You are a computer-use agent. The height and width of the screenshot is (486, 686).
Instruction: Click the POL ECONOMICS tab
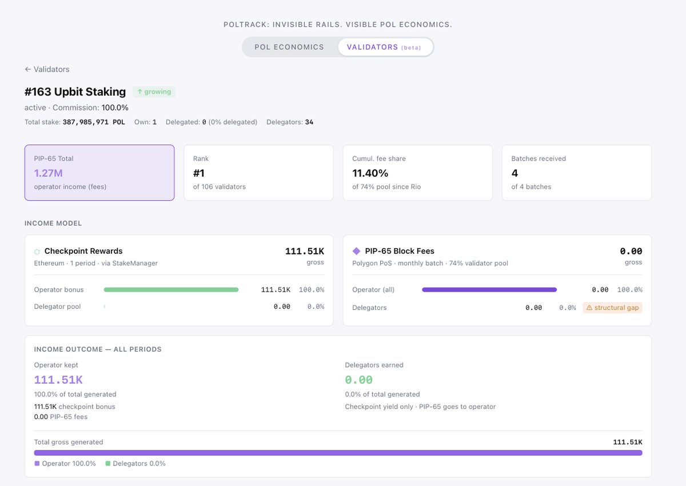(x=289, y=47)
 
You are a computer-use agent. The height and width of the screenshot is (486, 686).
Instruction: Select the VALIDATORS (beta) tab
(x=384, y=47)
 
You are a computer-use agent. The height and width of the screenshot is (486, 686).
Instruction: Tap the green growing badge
(x=154, y=91)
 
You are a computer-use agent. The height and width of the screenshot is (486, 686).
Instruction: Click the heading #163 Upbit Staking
(x=75, y=91)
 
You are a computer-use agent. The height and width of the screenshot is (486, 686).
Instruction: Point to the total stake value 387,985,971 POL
(x=94, y=122)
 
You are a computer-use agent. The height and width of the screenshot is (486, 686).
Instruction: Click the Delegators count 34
(x=309, y=122)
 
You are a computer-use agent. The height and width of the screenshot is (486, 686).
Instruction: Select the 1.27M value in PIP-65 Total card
(x=48, y=173)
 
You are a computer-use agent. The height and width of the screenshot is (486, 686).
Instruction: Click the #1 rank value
(x=199, y=173)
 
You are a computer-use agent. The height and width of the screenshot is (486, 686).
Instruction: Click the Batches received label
(x=539, y=158)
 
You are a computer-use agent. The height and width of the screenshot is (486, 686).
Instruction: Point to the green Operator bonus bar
(x=171, y=290)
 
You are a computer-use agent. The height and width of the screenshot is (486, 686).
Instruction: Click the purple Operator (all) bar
(x=489, y=290)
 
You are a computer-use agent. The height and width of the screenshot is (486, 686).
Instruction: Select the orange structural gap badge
(x=613, y=308)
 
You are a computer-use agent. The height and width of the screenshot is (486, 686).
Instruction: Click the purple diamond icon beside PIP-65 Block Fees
(x=357, y=251)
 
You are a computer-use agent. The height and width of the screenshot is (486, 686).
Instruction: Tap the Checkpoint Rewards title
(x=83, y=251)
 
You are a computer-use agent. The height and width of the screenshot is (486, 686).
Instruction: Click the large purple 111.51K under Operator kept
(x=58, y=380)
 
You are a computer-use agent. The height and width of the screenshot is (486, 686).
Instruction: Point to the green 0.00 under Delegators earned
(x=359, y=380)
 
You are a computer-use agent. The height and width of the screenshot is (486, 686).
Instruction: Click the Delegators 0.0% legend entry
(x=135, y=464)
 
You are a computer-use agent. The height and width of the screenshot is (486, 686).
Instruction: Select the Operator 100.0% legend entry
(x=65, y=464)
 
